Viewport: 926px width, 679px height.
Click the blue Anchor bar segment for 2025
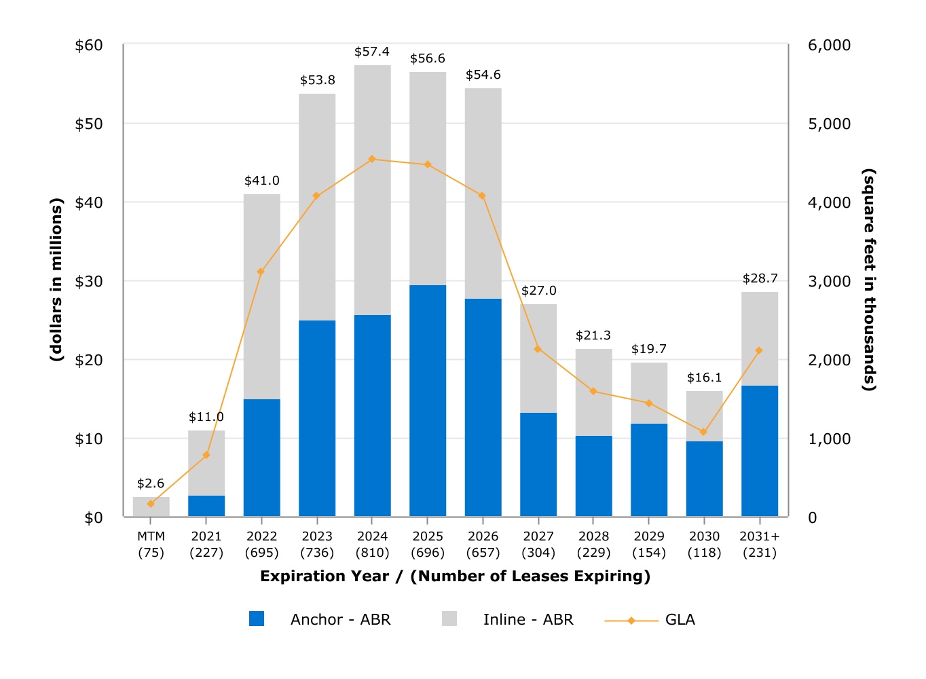[428, 401]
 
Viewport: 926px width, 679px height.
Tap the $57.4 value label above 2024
[372, 52]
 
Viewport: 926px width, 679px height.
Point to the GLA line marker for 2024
[372, 159]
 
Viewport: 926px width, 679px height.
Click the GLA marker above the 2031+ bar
[759, 350]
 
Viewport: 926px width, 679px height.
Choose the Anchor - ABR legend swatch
[257, 619]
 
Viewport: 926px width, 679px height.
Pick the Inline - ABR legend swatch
[449, 619]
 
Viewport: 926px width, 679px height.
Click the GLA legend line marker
[631, 620]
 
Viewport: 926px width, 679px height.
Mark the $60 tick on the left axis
[89, 45]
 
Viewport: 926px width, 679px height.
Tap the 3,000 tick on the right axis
[829, 281]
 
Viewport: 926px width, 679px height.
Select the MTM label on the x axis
[151, 536]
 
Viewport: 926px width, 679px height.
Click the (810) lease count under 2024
[372, 553]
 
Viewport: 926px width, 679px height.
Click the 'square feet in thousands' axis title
[869, 280]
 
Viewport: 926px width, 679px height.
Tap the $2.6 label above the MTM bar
[151, 483]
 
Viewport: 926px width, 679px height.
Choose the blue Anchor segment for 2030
[704, 479]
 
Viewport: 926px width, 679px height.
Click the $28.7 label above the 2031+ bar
[760, 278]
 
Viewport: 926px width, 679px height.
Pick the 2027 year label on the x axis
[538, 536]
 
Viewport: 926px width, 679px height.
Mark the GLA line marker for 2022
[261, 272]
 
